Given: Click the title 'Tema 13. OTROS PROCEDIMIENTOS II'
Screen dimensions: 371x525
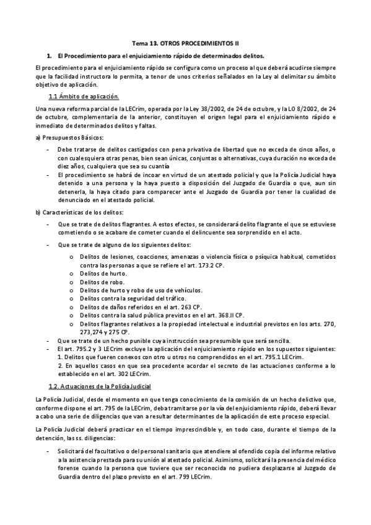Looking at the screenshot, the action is tap(186, 45).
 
